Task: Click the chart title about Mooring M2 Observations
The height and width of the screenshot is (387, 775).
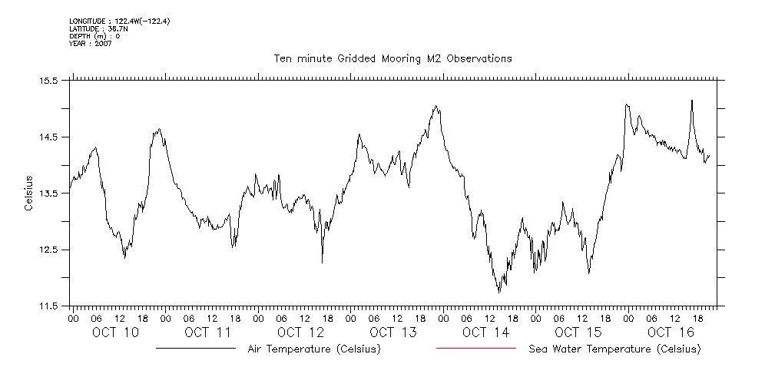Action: [392, 58]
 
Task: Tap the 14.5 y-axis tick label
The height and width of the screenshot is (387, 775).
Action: [49, 137]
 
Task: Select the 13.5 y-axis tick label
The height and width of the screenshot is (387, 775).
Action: [49, 193]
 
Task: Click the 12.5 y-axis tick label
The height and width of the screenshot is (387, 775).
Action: [49, 250]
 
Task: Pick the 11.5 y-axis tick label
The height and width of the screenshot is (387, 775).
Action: [49, 306]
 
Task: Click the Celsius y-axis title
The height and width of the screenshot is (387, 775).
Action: [28, 193]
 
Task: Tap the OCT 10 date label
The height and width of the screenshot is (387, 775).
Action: [115, 332]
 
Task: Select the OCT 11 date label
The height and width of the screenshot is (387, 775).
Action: [207, 332]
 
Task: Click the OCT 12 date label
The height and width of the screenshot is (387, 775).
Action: [300, 332]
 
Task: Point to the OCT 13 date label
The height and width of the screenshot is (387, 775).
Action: [392, 332]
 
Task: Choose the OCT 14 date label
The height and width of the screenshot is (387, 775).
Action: [485, 332]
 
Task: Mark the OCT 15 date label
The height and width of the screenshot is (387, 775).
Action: [578, 332]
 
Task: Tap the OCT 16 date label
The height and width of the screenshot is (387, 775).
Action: [670, 332]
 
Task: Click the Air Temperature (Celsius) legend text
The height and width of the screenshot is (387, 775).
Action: [314, 349]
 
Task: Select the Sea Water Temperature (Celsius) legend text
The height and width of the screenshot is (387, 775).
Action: [614, 349]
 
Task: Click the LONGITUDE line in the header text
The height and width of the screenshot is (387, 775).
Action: [119, 21]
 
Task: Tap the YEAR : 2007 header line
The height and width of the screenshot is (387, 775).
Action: [91, 43]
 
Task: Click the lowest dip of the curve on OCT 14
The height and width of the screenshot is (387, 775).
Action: [499, 293]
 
